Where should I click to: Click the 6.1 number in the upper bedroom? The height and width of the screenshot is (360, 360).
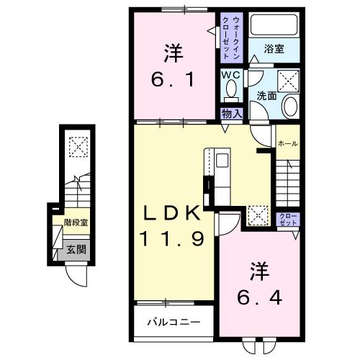173,81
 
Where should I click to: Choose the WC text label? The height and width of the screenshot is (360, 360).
230,75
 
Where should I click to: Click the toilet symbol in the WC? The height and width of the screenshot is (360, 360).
230,90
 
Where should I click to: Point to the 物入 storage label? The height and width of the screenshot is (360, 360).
230,114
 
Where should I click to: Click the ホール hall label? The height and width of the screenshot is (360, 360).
288,143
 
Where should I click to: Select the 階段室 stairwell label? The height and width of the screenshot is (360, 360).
76,224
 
